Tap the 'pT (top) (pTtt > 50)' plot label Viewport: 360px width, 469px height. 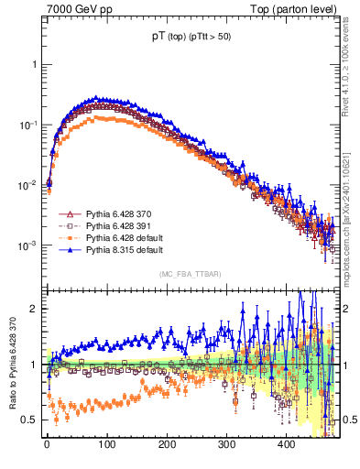point(191,38)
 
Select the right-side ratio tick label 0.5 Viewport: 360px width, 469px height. point(347,420)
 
